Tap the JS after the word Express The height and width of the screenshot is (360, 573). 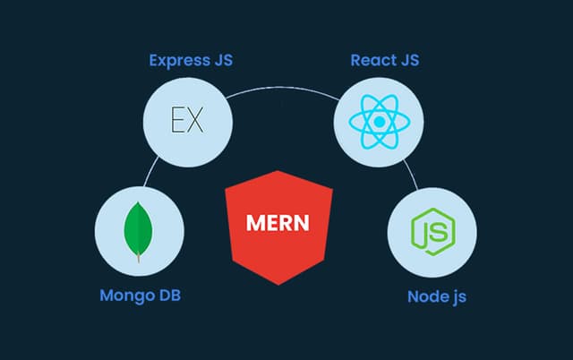(222, 62)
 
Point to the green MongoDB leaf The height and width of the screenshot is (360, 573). (137, 231)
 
